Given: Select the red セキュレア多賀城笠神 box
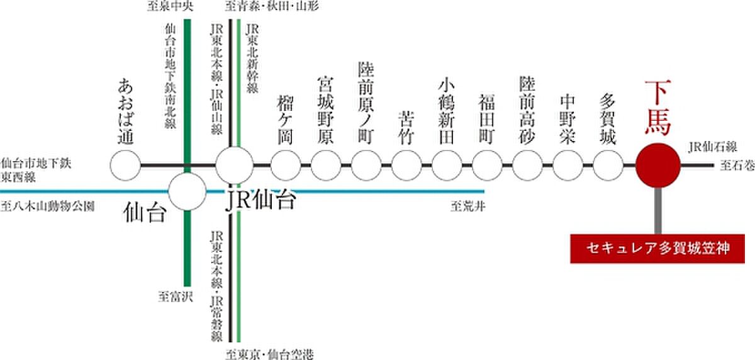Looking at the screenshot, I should point(658,249).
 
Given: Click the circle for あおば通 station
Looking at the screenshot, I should point(125,166).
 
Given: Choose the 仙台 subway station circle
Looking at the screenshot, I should point(187,191).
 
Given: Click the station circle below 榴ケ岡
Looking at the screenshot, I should point(286,166).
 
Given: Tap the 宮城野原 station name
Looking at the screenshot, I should point(326,111).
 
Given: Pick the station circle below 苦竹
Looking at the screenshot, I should point(407,166).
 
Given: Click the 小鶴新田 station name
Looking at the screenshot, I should point(447,111).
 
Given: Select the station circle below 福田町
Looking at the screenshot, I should point(488,166).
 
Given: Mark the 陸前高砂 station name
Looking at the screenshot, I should point(527,111).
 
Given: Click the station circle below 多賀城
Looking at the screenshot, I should point(608,166).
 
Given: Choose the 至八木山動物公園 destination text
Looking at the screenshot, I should point(48,205).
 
